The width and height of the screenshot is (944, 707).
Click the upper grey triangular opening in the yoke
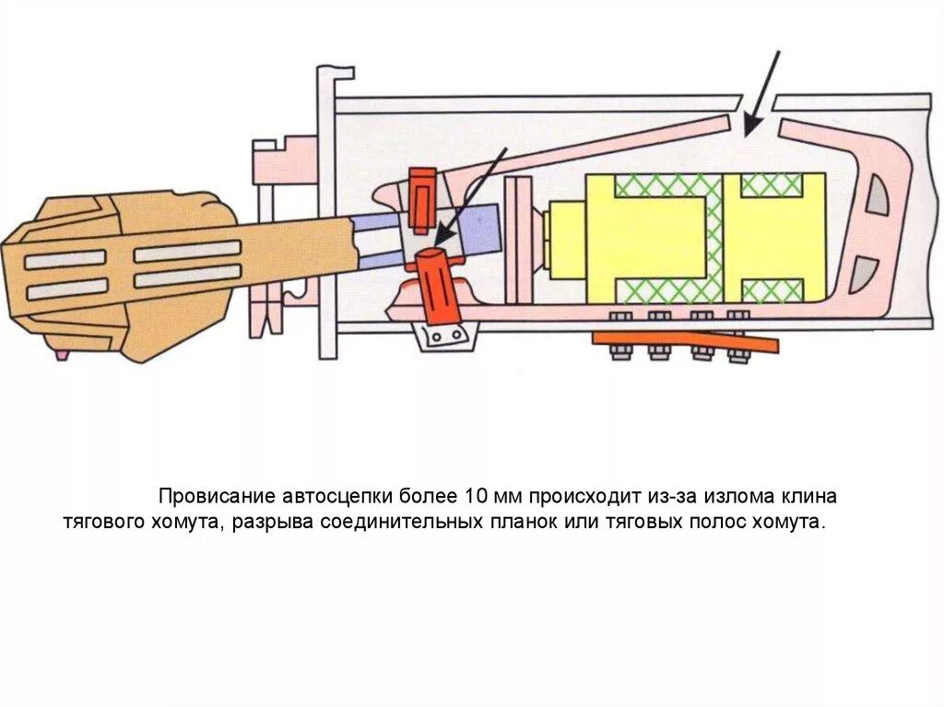[x=879, y=197]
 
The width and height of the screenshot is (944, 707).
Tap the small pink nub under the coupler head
[x=62, y=353]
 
